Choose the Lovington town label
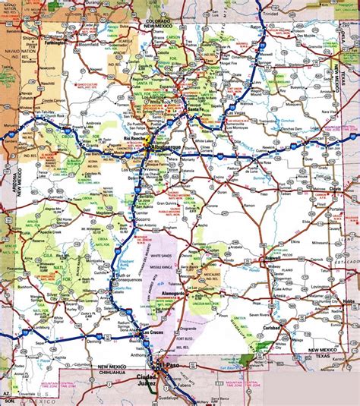pos(325,288)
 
